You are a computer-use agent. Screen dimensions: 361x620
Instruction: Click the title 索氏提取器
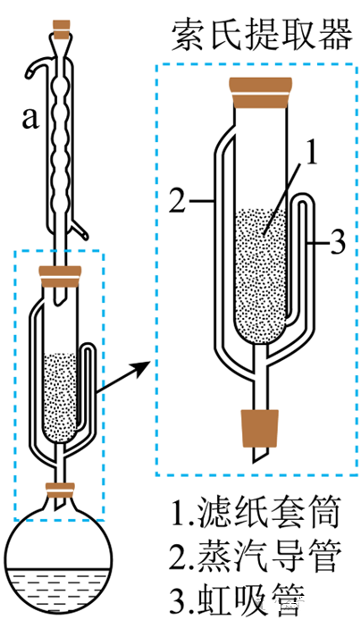click(x=261, y=36)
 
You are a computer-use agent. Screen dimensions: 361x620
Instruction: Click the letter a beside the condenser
click(x=30, y=118)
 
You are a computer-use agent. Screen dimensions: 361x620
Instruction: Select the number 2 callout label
click(x=178, y=200)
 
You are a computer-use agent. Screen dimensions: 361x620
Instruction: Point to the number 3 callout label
click(x=337, y=242)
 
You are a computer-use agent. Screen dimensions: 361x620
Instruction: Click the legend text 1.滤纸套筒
click(x=256, y=514)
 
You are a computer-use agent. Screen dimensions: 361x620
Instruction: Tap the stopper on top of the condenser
click(x=63, y=30)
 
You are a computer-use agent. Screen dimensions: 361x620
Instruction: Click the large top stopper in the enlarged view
click(x=261, y=93)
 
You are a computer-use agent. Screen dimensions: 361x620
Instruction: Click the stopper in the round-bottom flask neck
click(x=60, y=490)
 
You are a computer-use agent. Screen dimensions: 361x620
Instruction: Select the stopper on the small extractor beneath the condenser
click(x=60, y=276)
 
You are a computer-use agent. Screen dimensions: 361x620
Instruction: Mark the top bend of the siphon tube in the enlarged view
click(x=303, y=200)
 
